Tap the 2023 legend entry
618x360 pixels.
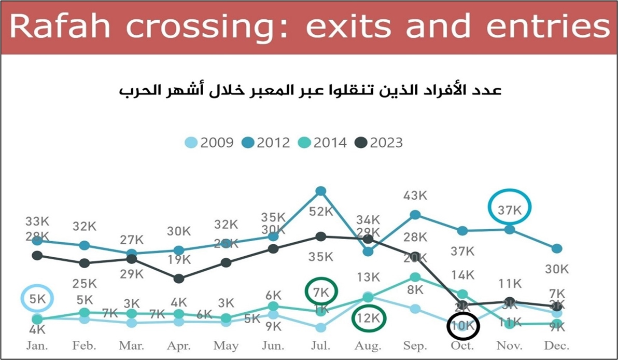coord(380,142)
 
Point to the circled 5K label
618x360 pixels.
coord(37,298)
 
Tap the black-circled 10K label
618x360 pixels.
coord(463,326)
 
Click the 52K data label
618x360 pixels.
coord(321,211)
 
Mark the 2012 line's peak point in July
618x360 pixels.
coord(321,191)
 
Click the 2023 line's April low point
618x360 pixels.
coord(179,279)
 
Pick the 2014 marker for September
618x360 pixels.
coord(415,277)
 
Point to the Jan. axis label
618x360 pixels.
coord(37,345)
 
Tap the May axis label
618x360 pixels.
coord(226,345)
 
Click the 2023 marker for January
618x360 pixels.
coord(37,255)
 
